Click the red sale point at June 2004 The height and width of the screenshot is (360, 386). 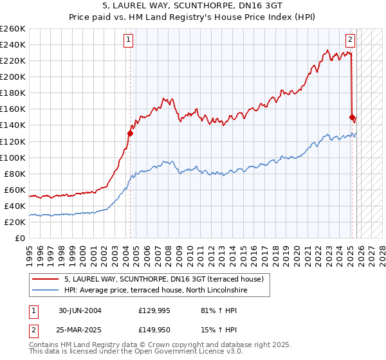click(x=130, y=133)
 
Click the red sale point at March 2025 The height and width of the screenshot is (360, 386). click(x=352, y=117)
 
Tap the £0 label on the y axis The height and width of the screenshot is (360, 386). click(x=20, y=238)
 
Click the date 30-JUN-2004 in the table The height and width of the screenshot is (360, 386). click(x=80, y=310)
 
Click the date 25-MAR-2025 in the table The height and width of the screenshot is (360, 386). click(x=80, y=331)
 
